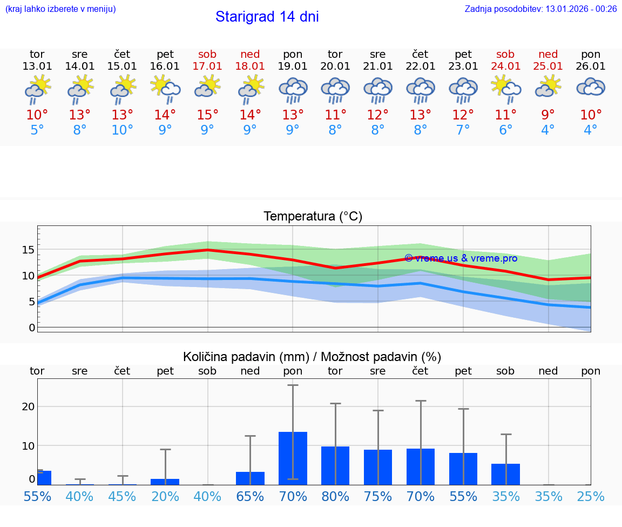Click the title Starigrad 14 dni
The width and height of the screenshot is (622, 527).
click(267, 17)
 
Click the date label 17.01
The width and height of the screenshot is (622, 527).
click(207, 66)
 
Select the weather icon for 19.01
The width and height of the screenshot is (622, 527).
click(293, 90)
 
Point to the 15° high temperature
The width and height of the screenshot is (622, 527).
click(207, 115)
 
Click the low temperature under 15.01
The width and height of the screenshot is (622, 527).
click(123, 130)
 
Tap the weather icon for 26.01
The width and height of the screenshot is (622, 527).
click(591, 88)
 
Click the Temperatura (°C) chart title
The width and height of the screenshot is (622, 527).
click(313, 217)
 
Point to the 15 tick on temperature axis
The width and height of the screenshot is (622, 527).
click(28, 250)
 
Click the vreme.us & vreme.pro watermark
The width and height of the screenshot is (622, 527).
click(461, 258)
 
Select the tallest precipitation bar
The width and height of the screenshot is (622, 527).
click(293, 458)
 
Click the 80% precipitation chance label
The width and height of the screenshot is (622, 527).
click(335, 496)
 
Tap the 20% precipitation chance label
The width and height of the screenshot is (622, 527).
click(165, 496)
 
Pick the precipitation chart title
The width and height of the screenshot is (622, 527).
click(312, 357)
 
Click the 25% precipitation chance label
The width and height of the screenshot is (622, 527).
click(591, 496)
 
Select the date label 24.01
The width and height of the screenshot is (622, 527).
click(505, 66)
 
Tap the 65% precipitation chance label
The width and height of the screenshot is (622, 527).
click(250, 496)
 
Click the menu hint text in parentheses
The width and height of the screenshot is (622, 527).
click(60, 9)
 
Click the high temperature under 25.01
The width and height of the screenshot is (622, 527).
click(548, 115)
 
